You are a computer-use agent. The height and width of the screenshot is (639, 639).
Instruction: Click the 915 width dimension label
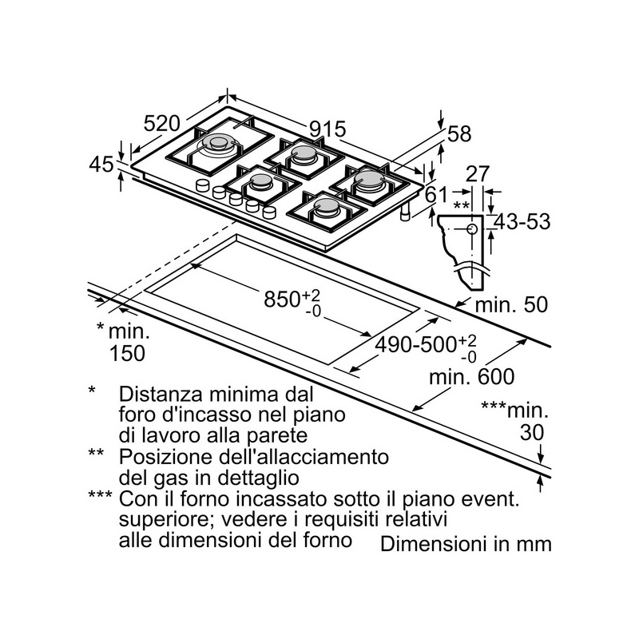327,129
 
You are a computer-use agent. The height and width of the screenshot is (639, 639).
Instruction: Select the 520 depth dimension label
161,123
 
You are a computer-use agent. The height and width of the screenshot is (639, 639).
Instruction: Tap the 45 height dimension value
101,165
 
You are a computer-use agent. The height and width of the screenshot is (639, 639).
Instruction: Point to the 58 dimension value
459,133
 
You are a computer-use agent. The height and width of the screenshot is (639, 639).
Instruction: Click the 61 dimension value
436,194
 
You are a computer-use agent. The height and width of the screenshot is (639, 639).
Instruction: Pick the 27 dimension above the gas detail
477,174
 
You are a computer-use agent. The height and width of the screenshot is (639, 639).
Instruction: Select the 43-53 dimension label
522,222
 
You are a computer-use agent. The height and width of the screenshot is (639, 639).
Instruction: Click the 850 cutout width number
282,299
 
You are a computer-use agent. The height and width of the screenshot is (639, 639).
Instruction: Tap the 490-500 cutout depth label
415,345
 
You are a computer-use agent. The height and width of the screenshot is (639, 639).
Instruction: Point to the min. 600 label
472,376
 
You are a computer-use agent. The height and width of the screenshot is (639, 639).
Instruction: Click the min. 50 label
511,304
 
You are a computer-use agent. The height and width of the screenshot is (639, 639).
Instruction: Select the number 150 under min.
127,353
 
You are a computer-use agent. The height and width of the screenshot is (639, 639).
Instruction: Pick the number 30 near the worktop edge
532,432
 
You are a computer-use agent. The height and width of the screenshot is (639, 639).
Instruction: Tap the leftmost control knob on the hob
203,185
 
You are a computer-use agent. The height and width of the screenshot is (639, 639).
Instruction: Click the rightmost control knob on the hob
269,212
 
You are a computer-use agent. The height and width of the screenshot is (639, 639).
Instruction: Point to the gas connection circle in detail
472,229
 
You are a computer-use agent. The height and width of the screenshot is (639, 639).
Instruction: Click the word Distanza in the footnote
161,394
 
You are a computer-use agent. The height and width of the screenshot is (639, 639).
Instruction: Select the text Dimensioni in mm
466,544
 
